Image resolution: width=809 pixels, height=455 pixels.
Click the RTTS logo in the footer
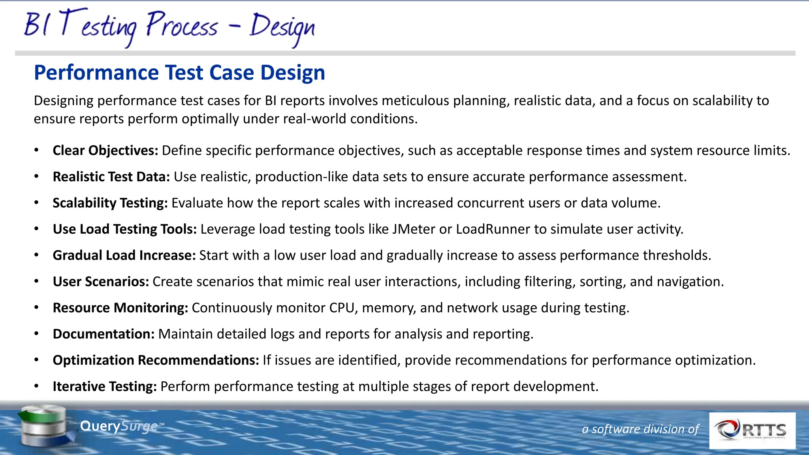752,430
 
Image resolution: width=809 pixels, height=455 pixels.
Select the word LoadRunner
493,229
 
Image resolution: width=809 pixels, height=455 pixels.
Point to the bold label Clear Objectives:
105,150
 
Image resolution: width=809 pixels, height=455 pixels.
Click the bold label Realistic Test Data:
111,177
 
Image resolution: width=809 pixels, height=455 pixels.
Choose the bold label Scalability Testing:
110,203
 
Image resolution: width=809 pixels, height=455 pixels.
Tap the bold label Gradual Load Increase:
124,256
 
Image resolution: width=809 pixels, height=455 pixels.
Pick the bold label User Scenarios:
101,282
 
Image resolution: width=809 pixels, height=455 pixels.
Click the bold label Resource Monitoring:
120,308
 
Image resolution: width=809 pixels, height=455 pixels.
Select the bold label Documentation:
103,334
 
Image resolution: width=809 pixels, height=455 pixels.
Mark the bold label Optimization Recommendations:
156,360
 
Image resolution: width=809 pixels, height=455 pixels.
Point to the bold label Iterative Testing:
105,386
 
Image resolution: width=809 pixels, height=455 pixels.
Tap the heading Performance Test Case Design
179,73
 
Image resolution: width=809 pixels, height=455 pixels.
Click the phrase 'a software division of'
640,429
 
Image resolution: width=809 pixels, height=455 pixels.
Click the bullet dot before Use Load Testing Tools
36,229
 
